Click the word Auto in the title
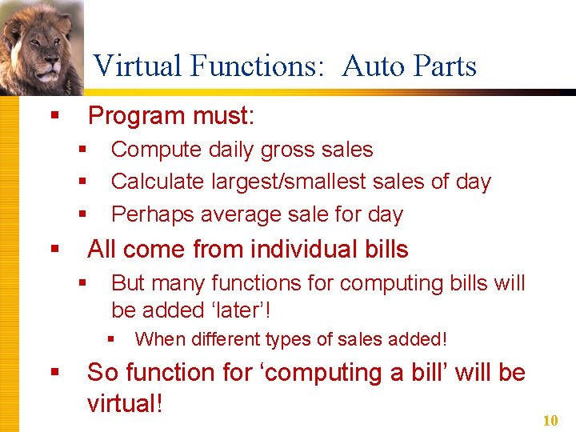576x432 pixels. [370, 66]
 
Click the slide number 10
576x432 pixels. [550, 421]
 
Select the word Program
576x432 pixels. [138, 117]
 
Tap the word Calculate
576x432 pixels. [158, 182]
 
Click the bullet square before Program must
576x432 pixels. [54, 117]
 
